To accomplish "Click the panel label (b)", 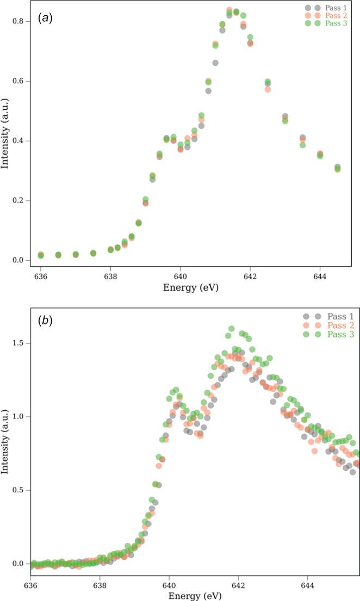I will coord(44,321).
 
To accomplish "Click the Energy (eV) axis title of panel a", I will coord(191,287).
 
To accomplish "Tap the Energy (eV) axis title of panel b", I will coord(191,596).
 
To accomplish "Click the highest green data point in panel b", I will coord(231,329).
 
